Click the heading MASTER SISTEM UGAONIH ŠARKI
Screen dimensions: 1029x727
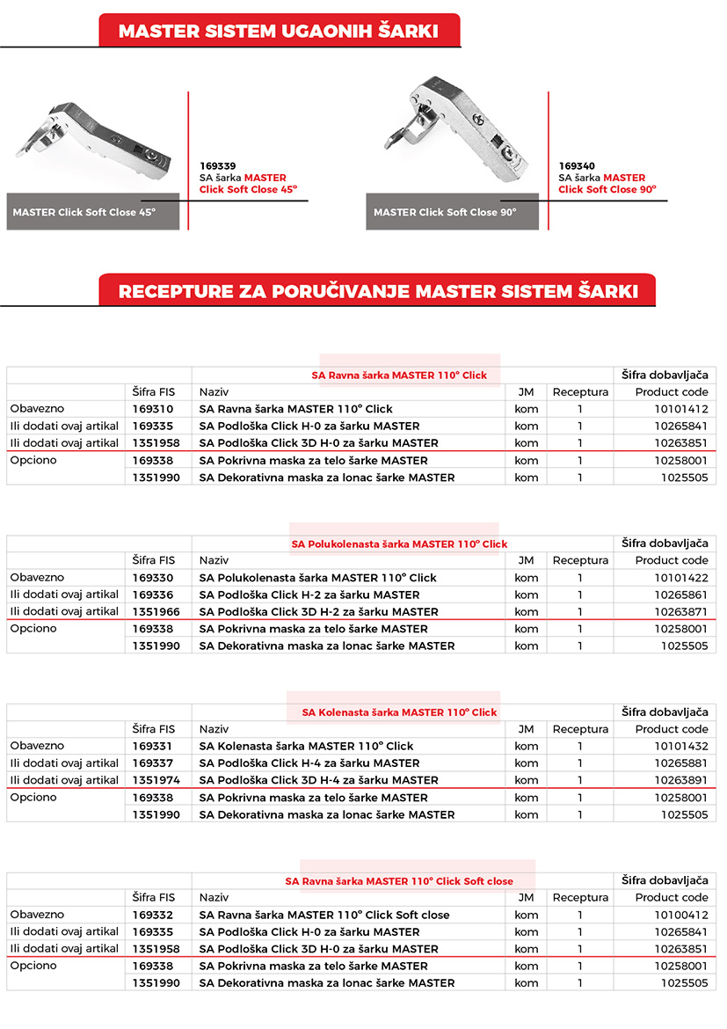[279, 32]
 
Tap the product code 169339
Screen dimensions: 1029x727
[218, 165]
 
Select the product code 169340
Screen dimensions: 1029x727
[577, 165]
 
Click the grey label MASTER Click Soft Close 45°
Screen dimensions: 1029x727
[84, 213]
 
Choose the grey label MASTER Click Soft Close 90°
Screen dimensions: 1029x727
[445, 213]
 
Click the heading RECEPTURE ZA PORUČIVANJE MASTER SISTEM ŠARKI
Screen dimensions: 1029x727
[376, 291]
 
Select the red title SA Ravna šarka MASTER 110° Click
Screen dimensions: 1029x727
[399, 376]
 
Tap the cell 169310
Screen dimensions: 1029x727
[154, 409]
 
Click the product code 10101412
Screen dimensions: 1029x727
[680, 409]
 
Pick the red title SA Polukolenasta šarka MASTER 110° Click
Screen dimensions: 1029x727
[399, 544]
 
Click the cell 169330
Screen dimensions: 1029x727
[154, 578]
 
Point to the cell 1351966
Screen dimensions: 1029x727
[156, 612]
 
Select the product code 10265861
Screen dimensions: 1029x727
[680, 595]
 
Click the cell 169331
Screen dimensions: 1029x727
[154, 747]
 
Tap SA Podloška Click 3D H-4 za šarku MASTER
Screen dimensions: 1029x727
[319, 780]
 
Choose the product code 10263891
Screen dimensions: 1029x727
[680, 780]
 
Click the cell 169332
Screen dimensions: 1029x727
[154, 916]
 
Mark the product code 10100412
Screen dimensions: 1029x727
[680, 916]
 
